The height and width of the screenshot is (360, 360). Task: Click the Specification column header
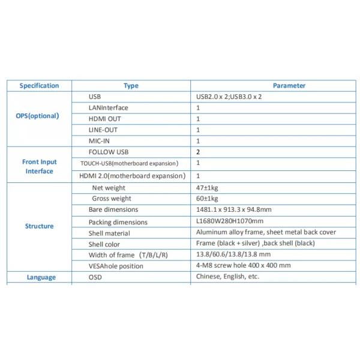coord(39,86)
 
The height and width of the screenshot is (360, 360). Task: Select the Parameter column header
coord(289,86)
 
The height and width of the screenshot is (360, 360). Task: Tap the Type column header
coord(131,86)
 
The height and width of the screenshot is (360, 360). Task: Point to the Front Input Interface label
coord(39,166)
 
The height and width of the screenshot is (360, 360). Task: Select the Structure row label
coord(39,226)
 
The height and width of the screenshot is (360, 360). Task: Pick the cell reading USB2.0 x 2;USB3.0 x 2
coord(229,97)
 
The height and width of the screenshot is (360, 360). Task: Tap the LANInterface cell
coord(108,107)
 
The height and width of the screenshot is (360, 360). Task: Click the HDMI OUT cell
coord(104,119)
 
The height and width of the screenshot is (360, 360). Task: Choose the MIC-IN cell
coord(100,140)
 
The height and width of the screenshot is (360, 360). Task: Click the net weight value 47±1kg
coord(207,188)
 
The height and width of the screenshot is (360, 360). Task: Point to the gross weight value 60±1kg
coord(207,199)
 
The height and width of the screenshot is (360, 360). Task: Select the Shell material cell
coord(109,233)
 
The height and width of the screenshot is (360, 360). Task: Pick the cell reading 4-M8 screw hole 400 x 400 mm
coord(243,266)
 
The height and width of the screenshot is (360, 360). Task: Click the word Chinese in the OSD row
coord(209,277)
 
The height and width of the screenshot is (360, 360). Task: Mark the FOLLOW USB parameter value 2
coord(198,152)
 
